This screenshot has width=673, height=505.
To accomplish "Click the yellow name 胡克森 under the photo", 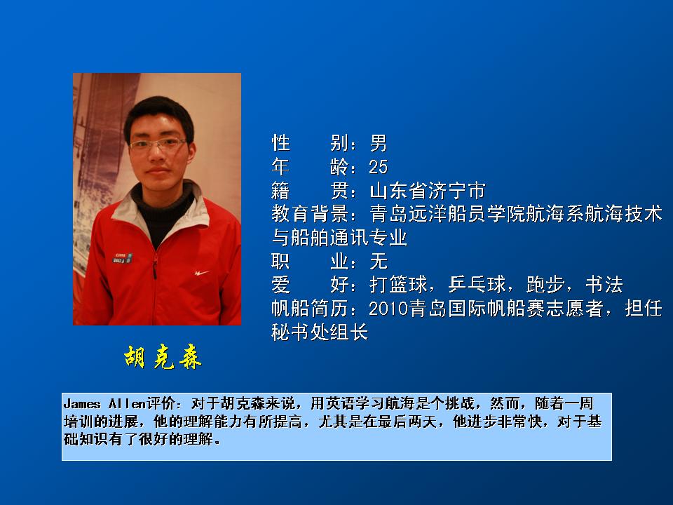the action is pos(163,357).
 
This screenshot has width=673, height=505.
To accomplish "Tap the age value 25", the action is pos(378,167).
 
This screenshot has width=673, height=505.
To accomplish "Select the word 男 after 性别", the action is pos(378,143).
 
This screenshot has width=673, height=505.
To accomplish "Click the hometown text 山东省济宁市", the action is pos(428,191).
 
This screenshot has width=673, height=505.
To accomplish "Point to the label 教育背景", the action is pos(310,214).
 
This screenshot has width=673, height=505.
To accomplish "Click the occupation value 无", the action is pos(379,261).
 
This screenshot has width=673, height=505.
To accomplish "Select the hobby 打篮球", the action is pos(398,284).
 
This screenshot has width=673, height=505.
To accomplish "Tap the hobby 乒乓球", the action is pos(477,284).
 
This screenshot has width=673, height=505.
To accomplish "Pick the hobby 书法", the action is pos(604,284).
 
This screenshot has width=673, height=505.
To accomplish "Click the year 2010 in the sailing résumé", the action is pos(388,309).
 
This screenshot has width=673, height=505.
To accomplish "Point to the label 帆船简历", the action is pos(310,309).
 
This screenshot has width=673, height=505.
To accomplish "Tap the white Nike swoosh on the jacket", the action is pos(201,273).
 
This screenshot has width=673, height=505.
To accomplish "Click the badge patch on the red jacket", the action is pos(122,257).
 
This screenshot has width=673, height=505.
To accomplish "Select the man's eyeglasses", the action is pos(158,144).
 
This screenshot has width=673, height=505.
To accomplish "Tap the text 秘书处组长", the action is pos(320,332).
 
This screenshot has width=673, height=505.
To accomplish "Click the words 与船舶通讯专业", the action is pos(339,237).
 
